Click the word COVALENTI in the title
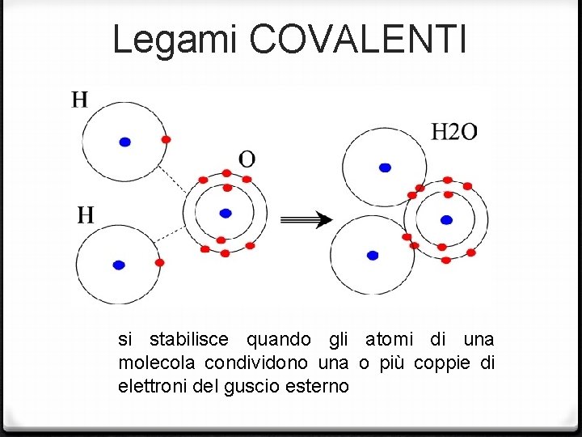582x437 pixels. [x=359, y=39]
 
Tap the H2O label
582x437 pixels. [x=453, y=131]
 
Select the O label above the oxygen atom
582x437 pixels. [x=247, y=157]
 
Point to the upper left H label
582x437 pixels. [x=79, y=100]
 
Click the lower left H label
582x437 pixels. [x=86, y=214]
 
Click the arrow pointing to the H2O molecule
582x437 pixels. [x=306, y=219]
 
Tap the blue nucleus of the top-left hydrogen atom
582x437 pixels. [x=124, y=142]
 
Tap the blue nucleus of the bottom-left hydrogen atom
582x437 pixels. [x=119, y=265]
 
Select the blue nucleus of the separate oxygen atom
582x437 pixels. [x=226, y=213]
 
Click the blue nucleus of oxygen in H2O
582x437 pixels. [x=446, y=219]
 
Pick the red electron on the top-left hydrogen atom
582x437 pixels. [x=166, y=139]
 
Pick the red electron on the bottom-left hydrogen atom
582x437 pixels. [x=159, y=262]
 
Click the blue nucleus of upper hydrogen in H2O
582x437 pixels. [x=385, y=168]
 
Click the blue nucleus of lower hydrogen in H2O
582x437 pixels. [x=373, y=255]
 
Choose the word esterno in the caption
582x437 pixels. [x=318, y=386]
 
